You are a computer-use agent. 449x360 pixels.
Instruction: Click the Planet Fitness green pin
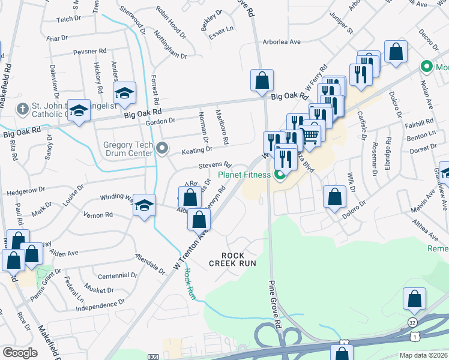(279, 175)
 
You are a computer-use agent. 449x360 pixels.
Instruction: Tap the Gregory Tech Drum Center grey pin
(161, 148)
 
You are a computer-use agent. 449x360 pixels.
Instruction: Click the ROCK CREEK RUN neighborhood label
(232, 259)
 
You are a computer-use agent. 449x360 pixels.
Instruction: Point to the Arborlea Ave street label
(282, 42)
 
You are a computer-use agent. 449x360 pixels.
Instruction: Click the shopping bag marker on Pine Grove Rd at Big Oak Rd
(262, 80)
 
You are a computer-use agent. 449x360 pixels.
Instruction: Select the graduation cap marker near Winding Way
(144, 206)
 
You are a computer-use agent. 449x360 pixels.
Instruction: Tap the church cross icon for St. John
(23, 109)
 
